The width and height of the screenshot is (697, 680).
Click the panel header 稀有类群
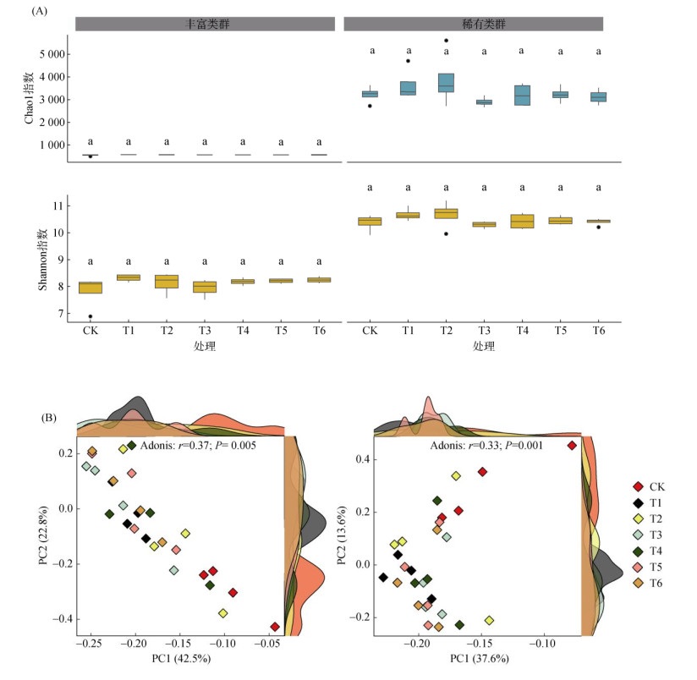[474, 24]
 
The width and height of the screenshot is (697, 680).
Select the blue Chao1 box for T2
[447, 82]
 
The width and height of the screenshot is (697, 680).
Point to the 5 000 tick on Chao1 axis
[50, 54]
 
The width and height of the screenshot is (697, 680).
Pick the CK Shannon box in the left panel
[91, 288]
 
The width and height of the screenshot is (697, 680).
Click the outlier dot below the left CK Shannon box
[91, 316]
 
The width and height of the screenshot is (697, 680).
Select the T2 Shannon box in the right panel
[447, 213]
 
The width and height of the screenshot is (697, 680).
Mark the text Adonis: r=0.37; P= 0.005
[196, 443]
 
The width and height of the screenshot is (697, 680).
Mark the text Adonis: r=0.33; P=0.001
[486, 445]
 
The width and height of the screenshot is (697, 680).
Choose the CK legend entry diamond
[639, 486]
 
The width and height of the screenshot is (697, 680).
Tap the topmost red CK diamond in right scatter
[572, 445]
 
